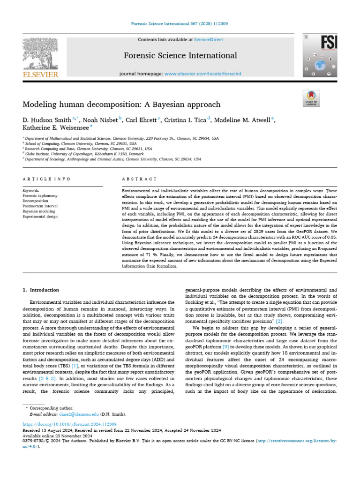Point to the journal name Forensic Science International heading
tap(180, 56)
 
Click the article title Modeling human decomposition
tap(121, 104)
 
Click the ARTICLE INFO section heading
tap(46, 179)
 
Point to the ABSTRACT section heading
tap(139, 179)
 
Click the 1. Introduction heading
tap(41, 291)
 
